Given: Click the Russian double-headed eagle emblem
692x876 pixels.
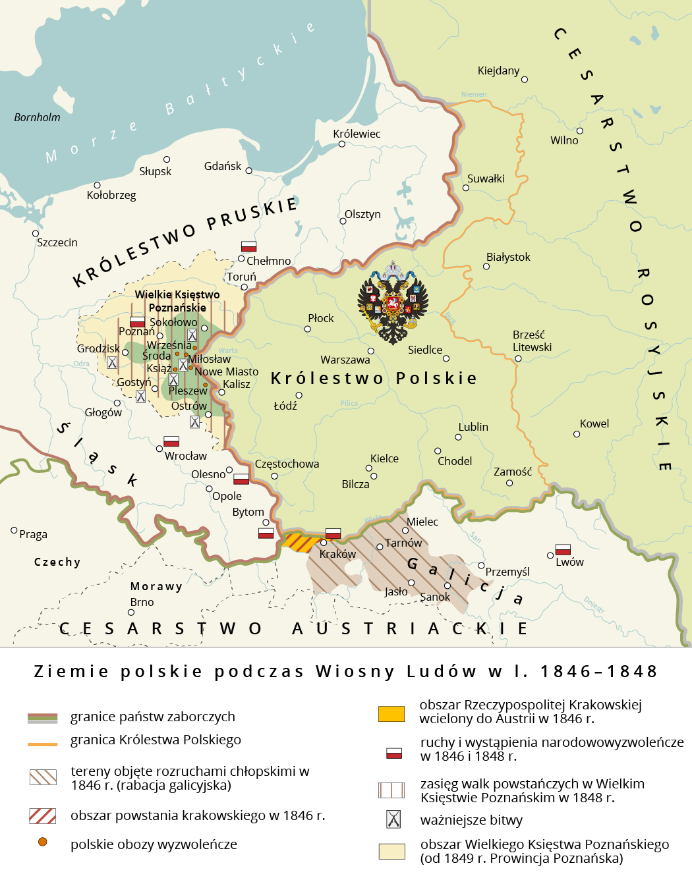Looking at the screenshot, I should pyautogui.click(x=393, y=303).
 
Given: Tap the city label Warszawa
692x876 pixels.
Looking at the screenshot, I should pyautogui.click(x=345, y=360).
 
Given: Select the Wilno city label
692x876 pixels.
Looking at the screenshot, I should pyautogui.click(x=564, y=140).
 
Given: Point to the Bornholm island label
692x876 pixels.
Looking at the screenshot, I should pyautogui.click(x=37, y=117).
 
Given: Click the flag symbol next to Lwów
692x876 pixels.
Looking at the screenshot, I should pyautogui.click(x=563, y=549).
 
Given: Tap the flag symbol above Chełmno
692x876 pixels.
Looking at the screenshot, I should pyautogui.click(x=248, y=246).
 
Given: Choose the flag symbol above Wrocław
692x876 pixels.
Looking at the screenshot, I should pyautogui.click(x=171, y=441).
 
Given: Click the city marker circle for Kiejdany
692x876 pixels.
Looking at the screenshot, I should pyautogui.click(x=525, y=80).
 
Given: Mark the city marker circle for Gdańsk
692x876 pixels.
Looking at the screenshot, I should pyautogui.click(x=248, y=171).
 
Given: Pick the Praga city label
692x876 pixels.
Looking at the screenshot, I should pyautogui.click(x=33, y=534).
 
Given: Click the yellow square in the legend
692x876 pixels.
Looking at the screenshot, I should pyautogui.click(x=391, y=713).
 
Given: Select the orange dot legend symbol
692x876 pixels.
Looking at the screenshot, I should pyautogui.click(x=43, y=842).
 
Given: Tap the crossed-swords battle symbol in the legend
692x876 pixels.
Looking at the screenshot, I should pyautogui.click(x=393, y=819).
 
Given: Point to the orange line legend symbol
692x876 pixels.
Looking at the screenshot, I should pyautogui.click(x=42, y=744).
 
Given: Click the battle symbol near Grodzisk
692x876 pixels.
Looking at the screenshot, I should pyautogui.click(x=112, y=362).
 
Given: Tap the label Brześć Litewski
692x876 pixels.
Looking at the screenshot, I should pyautogui.click(x=532, y=341).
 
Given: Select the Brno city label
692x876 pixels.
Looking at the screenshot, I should pyautogui.click(x=142, y=602).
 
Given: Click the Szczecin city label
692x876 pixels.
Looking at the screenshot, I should pyautogui.click(x=57, y=242).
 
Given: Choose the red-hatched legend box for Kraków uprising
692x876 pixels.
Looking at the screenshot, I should pyautogui.click(x=43, y=815).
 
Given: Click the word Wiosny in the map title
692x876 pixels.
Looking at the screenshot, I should pyautogui.click(x=355, y=671).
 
